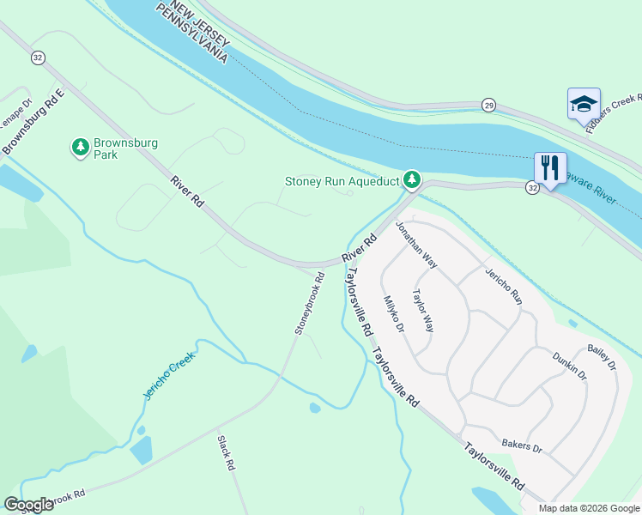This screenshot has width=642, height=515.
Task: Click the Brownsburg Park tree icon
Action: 80,148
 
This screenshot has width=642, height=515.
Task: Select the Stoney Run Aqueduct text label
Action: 342,181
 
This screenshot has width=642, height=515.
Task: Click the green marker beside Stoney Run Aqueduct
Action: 412,179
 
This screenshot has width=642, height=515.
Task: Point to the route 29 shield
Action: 488,105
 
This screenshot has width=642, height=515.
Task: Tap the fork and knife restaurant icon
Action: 548,167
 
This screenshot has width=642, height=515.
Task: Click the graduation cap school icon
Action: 584,105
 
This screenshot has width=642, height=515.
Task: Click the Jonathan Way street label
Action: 416,245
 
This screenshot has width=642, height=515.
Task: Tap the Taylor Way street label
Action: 422,309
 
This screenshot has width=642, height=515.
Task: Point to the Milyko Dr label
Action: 393,313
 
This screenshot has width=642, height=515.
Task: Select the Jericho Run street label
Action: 504,286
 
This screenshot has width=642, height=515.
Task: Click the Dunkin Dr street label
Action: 569,366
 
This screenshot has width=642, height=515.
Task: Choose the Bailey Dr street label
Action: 602,358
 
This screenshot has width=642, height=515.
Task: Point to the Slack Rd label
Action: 226,452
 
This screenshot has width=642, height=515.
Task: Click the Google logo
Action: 28,505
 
